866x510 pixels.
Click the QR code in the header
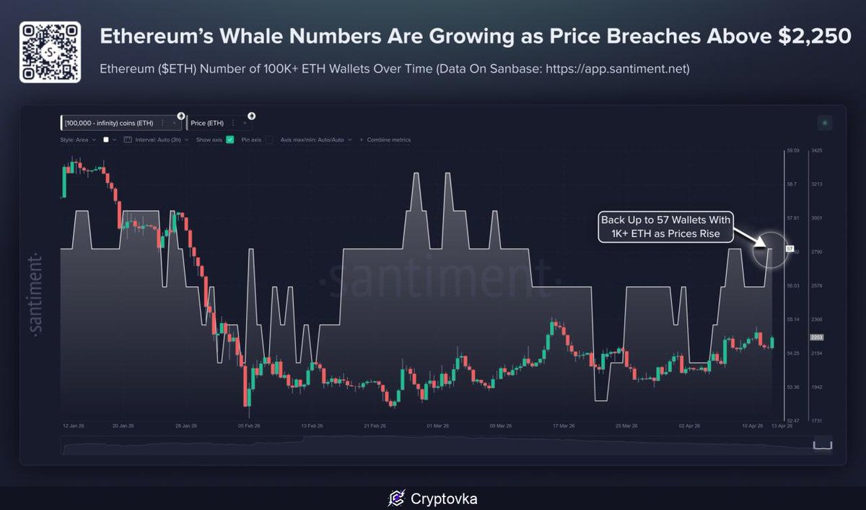tap(49, 52)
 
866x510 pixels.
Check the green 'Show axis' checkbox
tap(230, 139)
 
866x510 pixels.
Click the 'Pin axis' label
tap(252, 139)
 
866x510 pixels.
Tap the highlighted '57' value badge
tap(790, 248)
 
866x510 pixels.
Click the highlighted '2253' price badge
tap(818, 337)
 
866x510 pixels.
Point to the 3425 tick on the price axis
tap(817, 150)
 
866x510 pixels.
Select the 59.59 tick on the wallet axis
tap(793, 150)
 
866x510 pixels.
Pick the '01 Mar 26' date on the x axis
tap(438, 426)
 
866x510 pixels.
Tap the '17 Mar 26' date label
tap(562, 426)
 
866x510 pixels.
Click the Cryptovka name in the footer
tap(444, 498)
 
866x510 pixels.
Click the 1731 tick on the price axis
tap(817, 420)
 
